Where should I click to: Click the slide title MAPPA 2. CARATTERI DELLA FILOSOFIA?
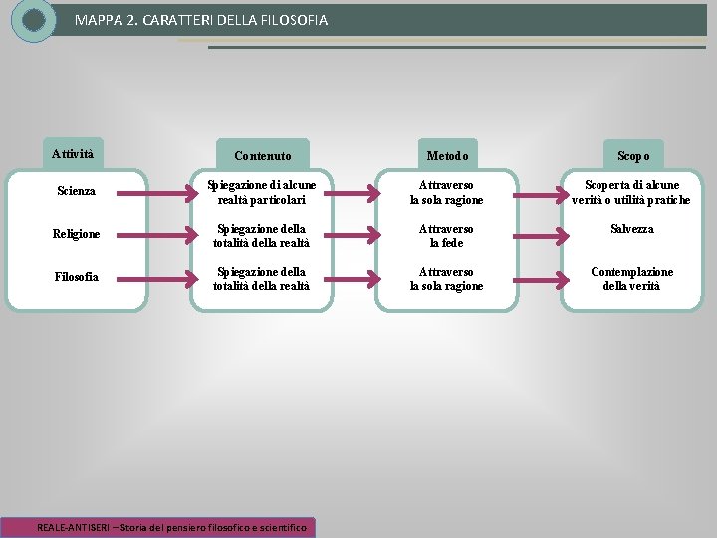coord(200,20)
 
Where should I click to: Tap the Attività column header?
coord(73,154)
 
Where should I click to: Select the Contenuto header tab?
coord(263,156)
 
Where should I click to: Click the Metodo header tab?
coord(446,156)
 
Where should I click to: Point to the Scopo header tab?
coord(633,156)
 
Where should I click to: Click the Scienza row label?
coord(76,191)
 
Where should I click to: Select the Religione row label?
coord(76,234)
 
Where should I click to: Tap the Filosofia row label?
coord(76,277)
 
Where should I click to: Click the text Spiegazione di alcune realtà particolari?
coord(263,193)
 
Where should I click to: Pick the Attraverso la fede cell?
coord(446,236)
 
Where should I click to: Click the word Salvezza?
coord(632,229)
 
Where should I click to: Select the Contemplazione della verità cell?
coord(632,279)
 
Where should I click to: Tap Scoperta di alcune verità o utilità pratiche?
coord(631,193)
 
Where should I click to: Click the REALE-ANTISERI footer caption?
coord(173,527)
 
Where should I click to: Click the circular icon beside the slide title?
coord(34,20)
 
